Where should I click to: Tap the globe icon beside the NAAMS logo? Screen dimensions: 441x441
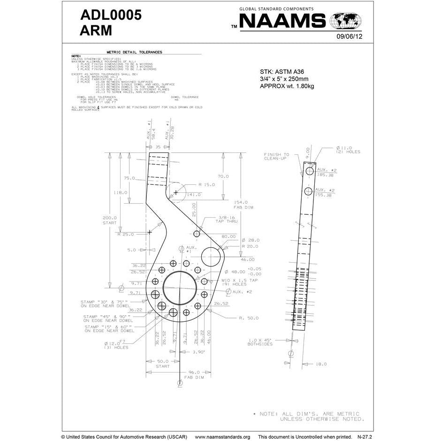coord(346,22)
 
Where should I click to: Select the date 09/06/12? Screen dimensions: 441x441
coord(349,37)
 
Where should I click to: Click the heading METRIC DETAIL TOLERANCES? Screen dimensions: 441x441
coord(134,52)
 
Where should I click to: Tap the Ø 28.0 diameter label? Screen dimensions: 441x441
coord(251,240)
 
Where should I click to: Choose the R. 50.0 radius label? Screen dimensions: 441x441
coord(248,318)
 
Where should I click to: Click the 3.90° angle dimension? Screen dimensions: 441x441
coord(198,351)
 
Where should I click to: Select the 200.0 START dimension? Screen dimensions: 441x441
coord(109,220)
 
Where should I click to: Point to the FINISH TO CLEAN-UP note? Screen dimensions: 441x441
coord(276,157)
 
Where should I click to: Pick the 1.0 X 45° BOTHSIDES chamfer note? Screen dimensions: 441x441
coord(260,342)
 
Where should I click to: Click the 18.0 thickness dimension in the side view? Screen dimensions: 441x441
coord(321,364)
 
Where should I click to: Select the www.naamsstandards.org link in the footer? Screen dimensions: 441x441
coord(222,436)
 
